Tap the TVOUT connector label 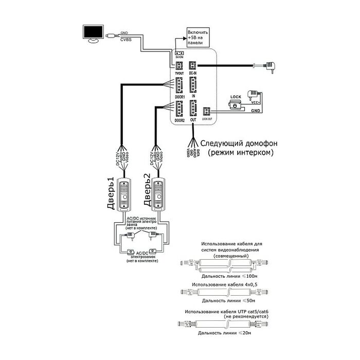(x=178, y=74)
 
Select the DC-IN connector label (x=193, y=74)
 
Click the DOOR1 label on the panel (x=179, y=96)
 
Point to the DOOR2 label (x=179, y=120)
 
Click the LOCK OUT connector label (x=207, y=118)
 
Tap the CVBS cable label (x=125, y=39)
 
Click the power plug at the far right (x=271, y=65)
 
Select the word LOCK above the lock (x=236, y=97)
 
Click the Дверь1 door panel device (x=124, y=195)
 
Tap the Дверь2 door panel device (x=157, y=195)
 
